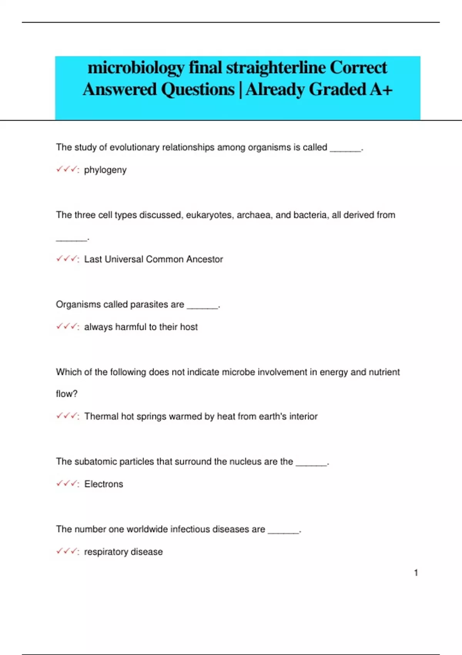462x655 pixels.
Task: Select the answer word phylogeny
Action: click(x=105, y=170)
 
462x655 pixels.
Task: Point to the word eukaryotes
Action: click(x=209, y=215)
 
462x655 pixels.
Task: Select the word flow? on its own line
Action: click(x=67, y=394)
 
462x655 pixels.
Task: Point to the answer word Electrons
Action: click(x=104, y=484)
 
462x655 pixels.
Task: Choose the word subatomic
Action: click(x=95, y=462)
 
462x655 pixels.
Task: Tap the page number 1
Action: click(x=416, y=573)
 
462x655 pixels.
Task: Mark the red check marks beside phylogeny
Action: click(x=67, y=170)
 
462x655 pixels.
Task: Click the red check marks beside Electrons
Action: click(x=67, y=484)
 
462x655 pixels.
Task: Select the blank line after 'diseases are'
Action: click(x=283, y=532)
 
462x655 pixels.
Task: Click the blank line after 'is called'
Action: click(x=345, y=150)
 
